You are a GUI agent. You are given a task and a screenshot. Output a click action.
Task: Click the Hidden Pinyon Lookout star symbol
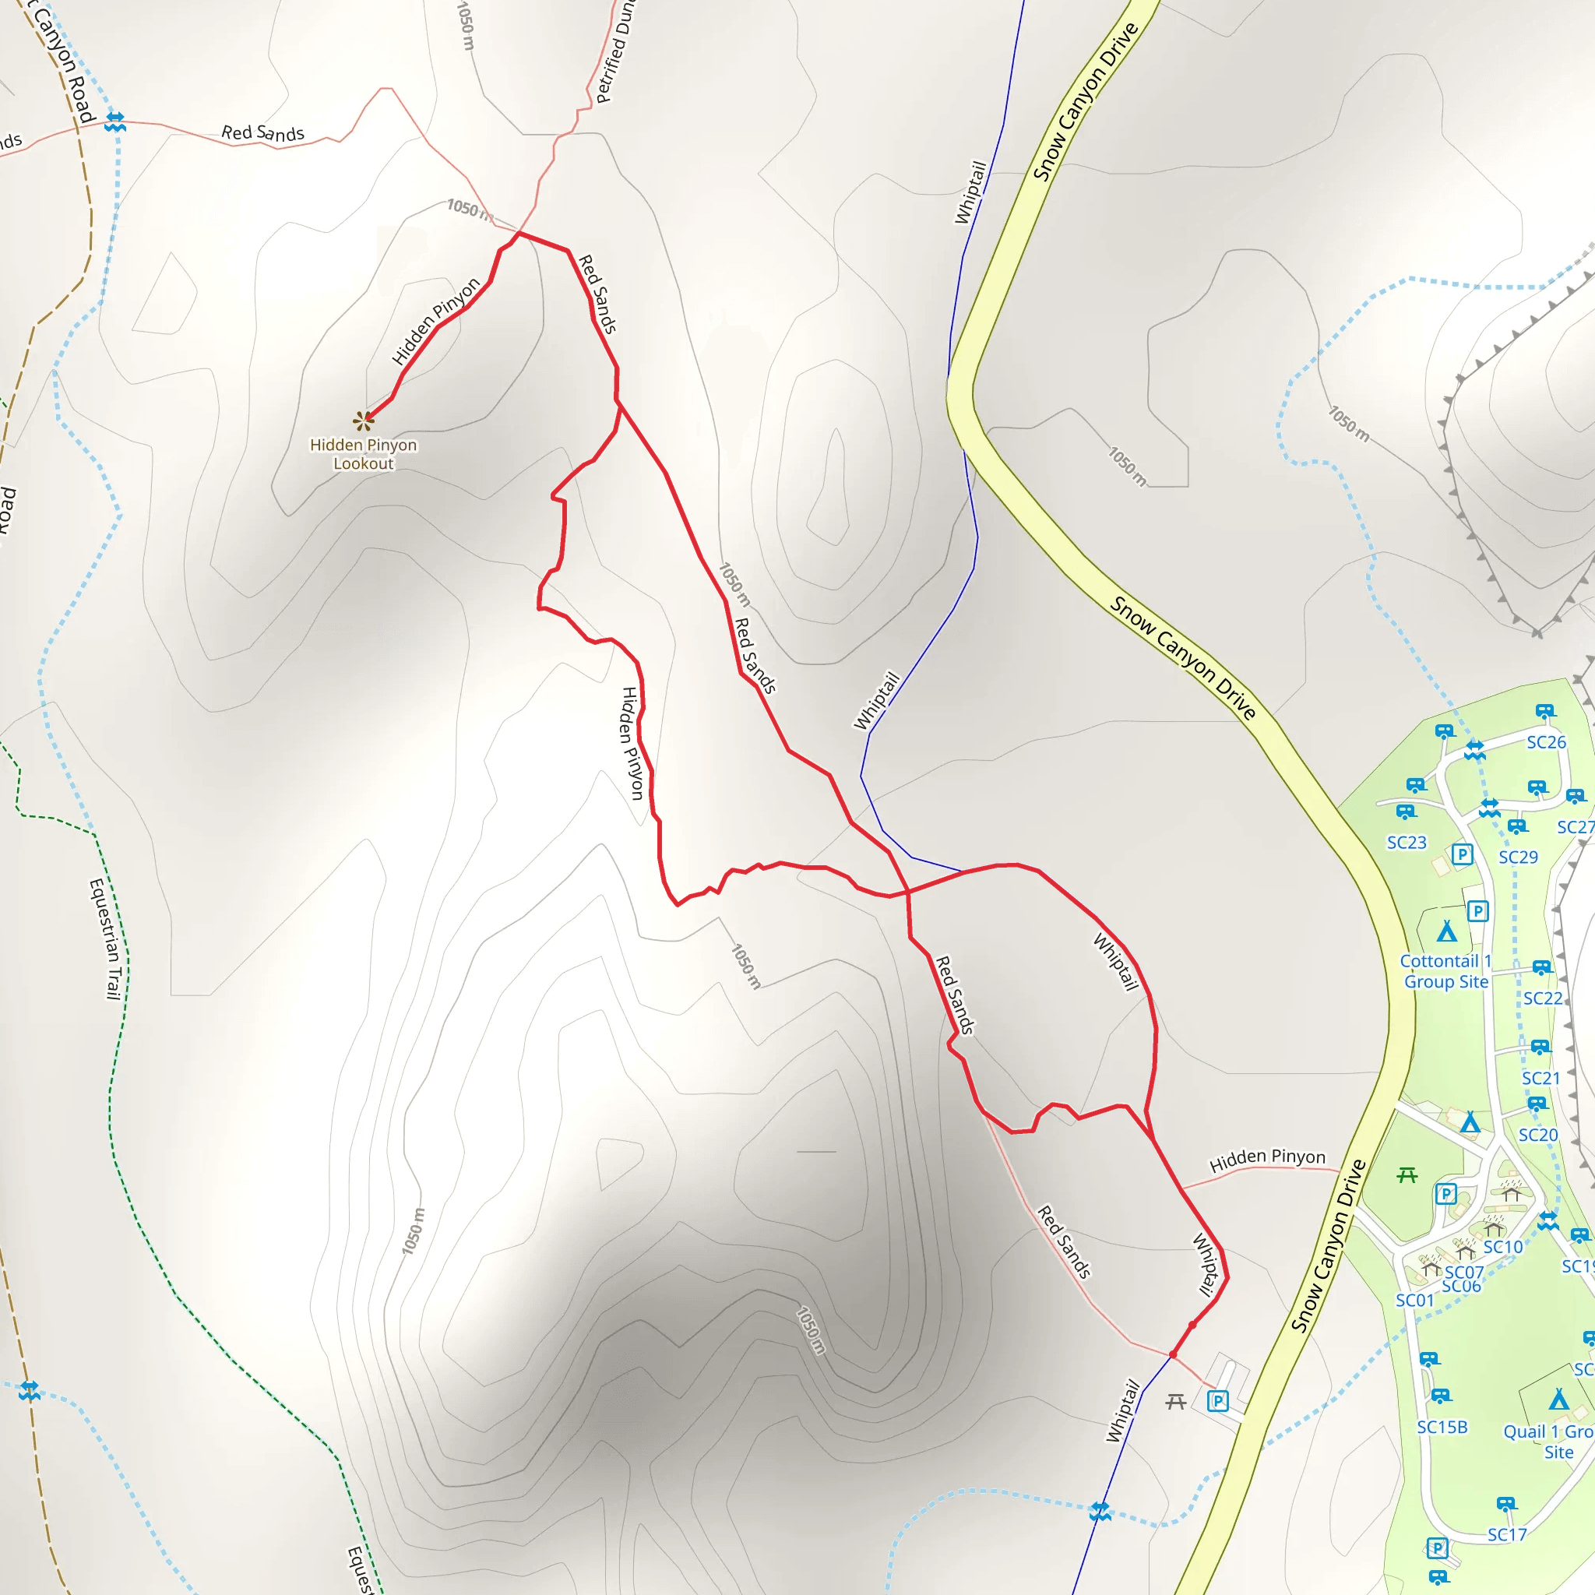(363, 421)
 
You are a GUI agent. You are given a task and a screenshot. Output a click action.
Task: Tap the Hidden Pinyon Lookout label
(363, 454)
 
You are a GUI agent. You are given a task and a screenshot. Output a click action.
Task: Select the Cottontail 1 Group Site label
(1445, 971)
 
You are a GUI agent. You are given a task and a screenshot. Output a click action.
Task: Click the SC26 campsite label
(1545, 742)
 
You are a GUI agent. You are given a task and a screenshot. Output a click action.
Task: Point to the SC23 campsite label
(1406, 842)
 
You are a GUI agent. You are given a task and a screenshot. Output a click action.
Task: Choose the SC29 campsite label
(1517, 857)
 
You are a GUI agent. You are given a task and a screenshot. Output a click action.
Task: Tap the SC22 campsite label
(1542, 998)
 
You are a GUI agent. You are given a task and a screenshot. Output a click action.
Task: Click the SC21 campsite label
(1540, 1078)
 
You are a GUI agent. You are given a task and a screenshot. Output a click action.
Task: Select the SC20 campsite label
(1537, 1136)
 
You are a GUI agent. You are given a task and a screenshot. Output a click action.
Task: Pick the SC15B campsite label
(1442, 1427)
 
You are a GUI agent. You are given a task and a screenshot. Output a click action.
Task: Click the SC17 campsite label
(1507, 1535)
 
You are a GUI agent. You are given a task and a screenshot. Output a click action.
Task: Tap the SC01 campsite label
(1414, 1301)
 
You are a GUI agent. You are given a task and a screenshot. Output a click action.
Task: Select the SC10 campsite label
(1502, 1247)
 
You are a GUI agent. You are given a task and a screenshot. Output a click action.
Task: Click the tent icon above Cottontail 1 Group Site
(1446, 931)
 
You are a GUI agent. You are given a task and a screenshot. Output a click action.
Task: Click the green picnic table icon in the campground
(1407, 1174)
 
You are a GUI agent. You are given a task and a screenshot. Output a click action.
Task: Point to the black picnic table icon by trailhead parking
(1175, 1401)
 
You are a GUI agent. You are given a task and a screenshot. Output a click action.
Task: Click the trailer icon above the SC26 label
(1544, 711)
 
